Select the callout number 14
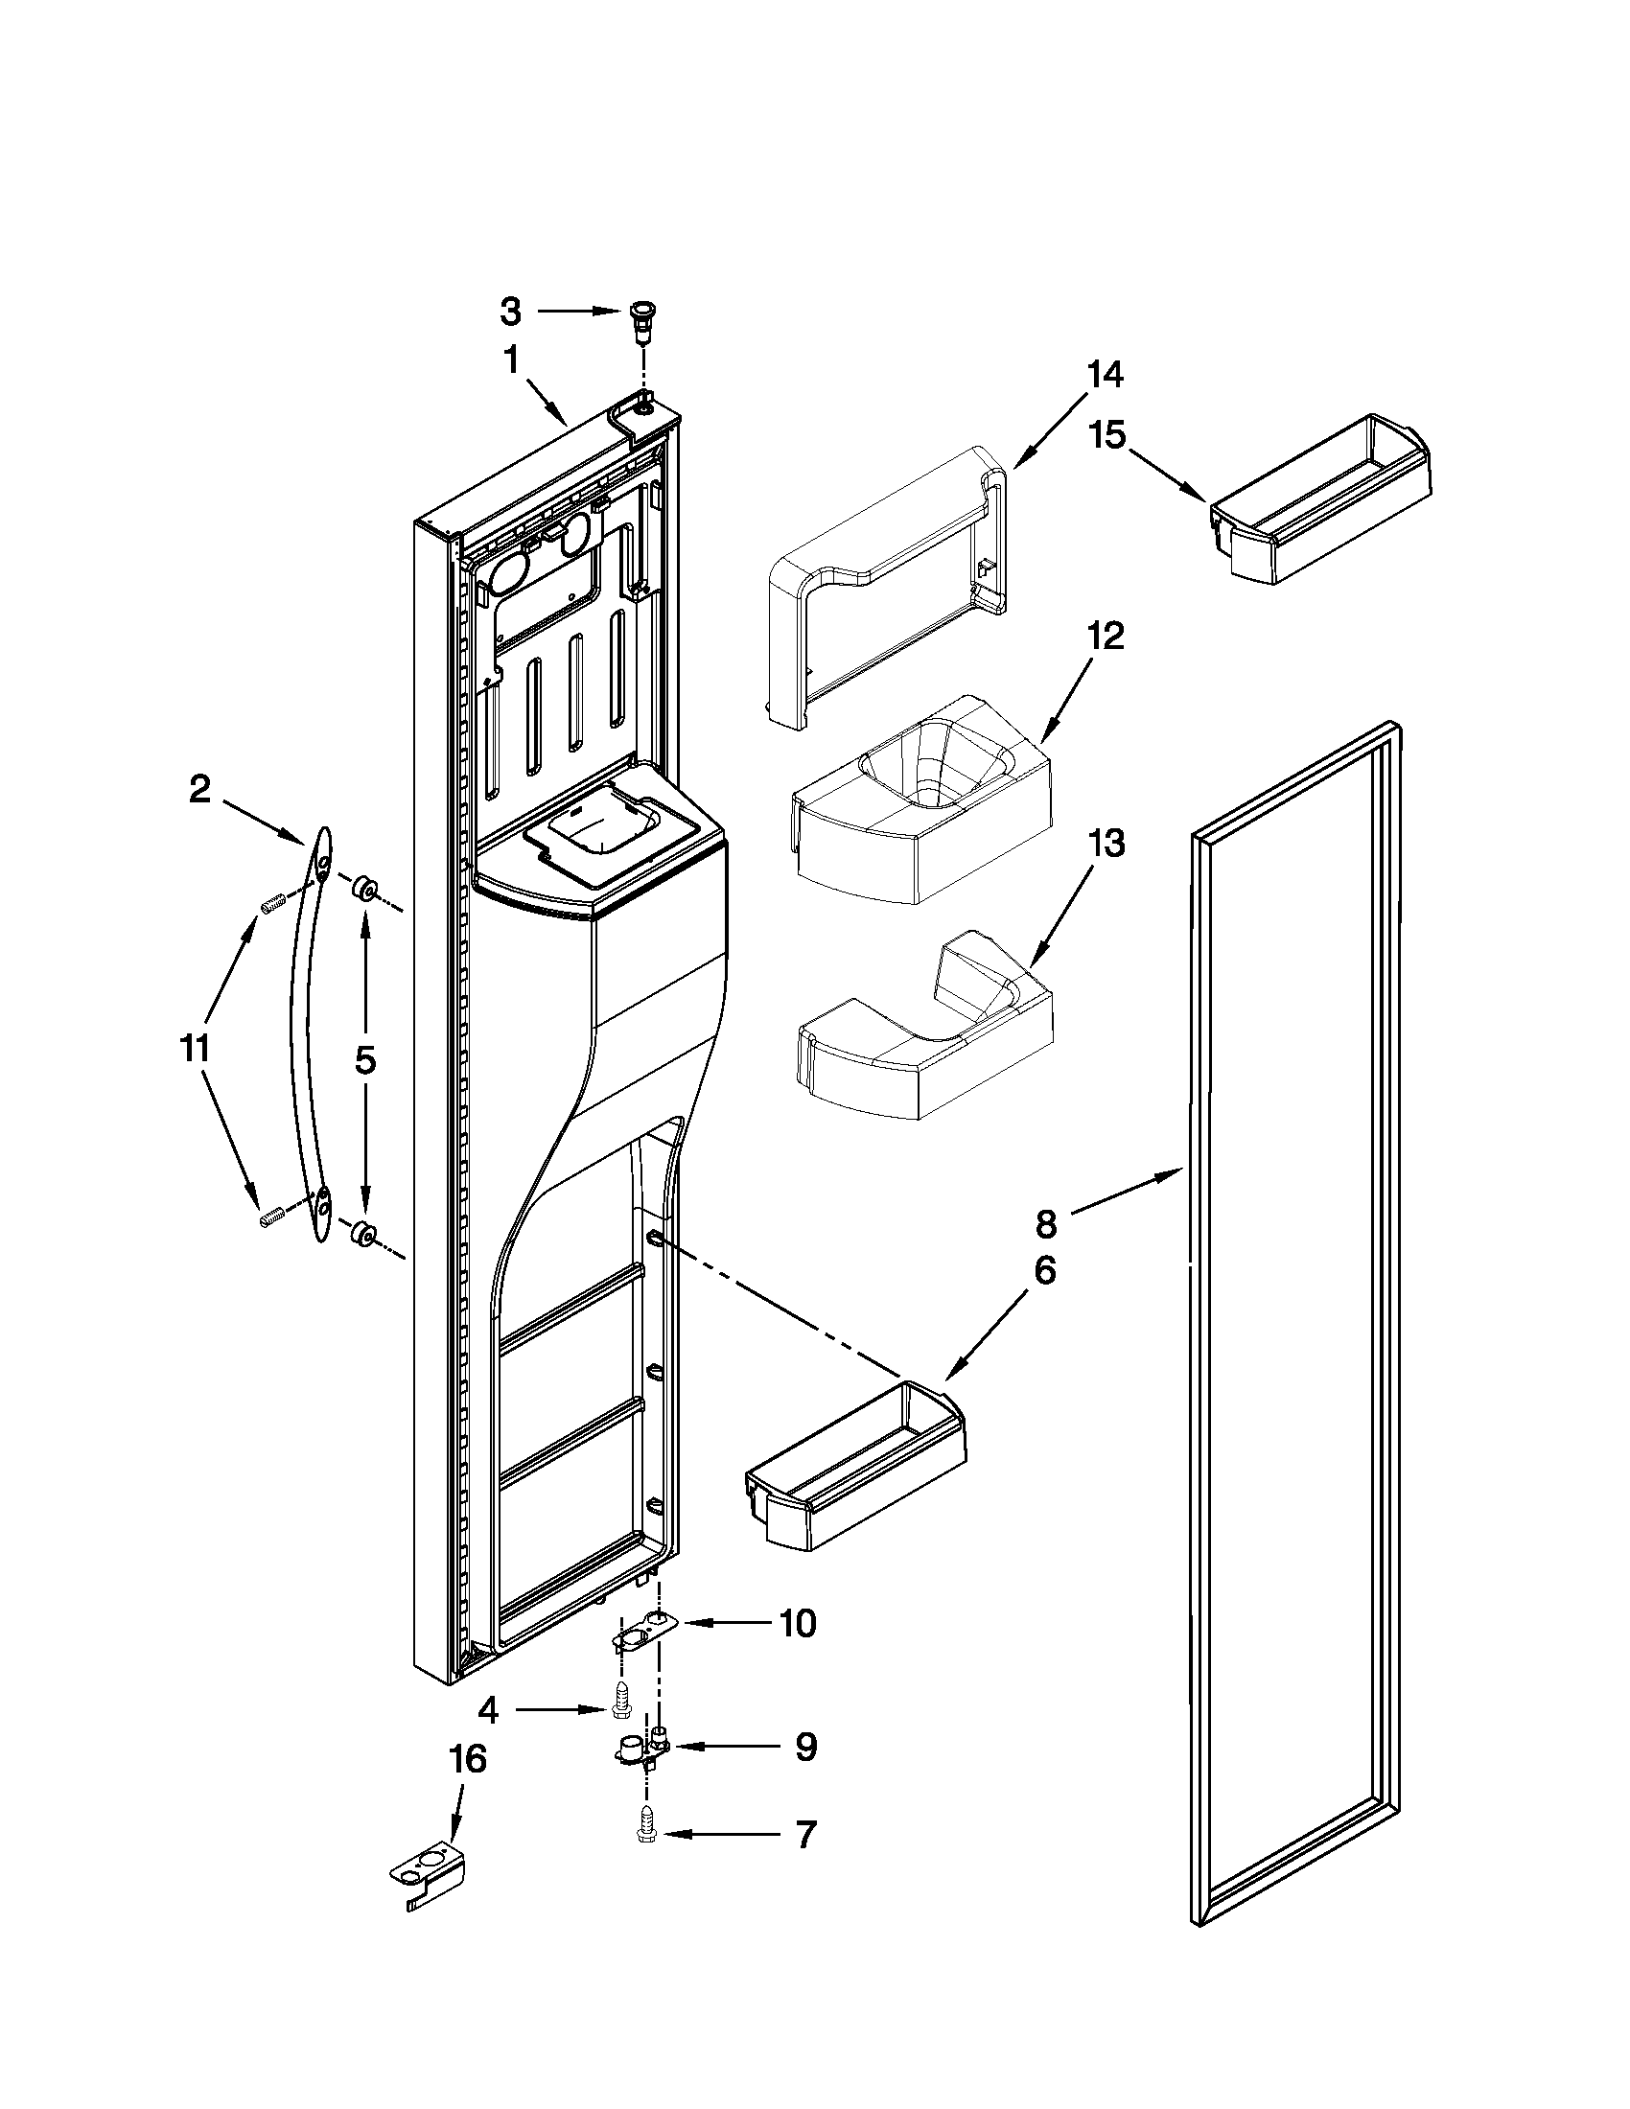click(x=1106, y=375)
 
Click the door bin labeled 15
click(x=1321, y=501)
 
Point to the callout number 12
click(x=1106, y=637)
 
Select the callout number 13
click(x=1106, y=844)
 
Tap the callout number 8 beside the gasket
click(x=1047, y=1224)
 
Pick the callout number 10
click(x=797, y=1624)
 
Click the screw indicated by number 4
click(x=623, y=1710)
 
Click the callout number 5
click(x=365, y=1060)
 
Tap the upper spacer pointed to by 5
click(x=365, y=888)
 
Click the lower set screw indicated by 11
click(x=269, y=1218)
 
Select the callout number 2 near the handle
click(x=198, y=790)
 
